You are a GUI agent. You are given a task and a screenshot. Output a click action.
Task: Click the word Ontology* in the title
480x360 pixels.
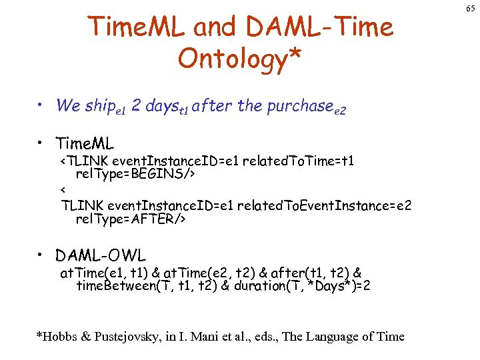pos(239,59)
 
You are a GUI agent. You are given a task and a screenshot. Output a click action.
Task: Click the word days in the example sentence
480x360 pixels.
pos(162,105)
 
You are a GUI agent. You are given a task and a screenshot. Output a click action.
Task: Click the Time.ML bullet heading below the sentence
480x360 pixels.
pos(85,143)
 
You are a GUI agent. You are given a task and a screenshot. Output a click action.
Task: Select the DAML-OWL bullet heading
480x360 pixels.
pos(101,255)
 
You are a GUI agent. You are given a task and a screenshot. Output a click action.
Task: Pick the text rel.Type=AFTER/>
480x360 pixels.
pos(131,219)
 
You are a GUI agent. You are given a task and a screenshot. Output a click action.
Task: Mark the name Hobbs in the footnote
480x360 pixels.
pos(56,336)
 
